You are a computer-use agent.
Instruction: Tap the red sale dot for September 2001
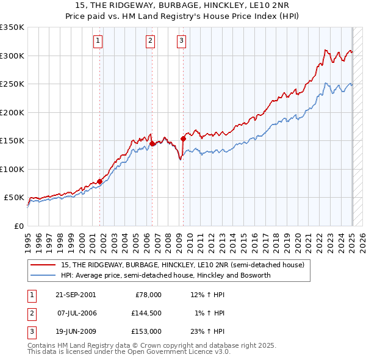coord(100,181)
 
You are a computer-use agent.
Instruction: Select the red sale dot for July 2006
coord(152,143)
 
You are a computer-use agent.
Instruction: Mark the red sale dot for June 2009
coord(183,139)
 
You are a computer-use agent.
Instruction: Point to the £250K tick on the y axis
coord(12,84)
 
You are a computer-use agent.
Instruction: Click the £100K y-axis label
coord(12,169)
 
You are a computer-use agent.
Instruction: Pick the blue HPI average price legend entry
coord(165,275)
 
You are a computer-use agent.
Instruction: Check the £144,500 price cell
coord(146,313)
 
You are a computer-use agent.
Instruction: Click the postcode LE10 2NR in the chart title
coord(274,5)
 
